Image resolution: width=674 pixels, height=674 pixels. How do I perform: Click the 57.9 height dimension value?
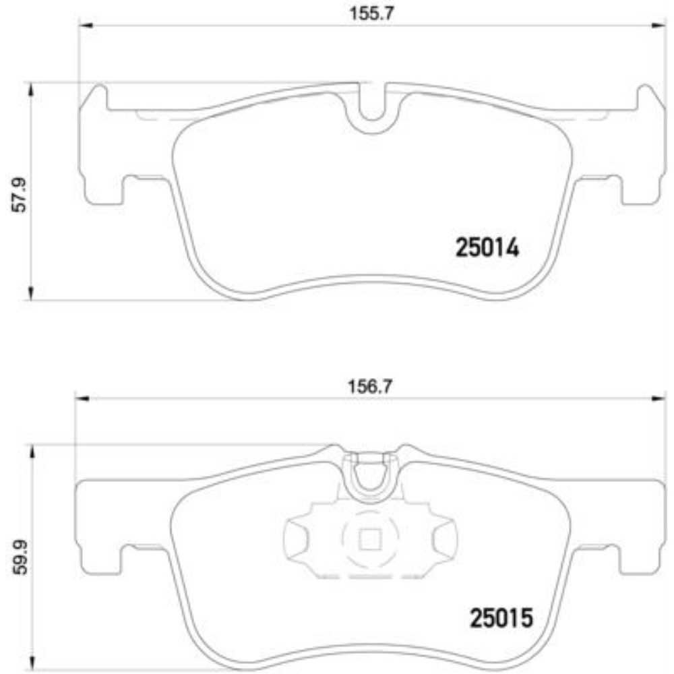coord(18,195)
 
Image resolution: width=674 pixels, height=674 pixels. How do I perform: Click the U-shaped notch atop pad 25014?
coord(370,111)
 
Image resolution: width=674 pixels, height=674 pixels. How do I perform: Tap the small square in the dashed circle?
coord(369,539)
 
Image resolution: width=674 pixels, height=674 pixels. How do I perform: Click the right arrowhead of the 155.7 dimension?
coord(658,26)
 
